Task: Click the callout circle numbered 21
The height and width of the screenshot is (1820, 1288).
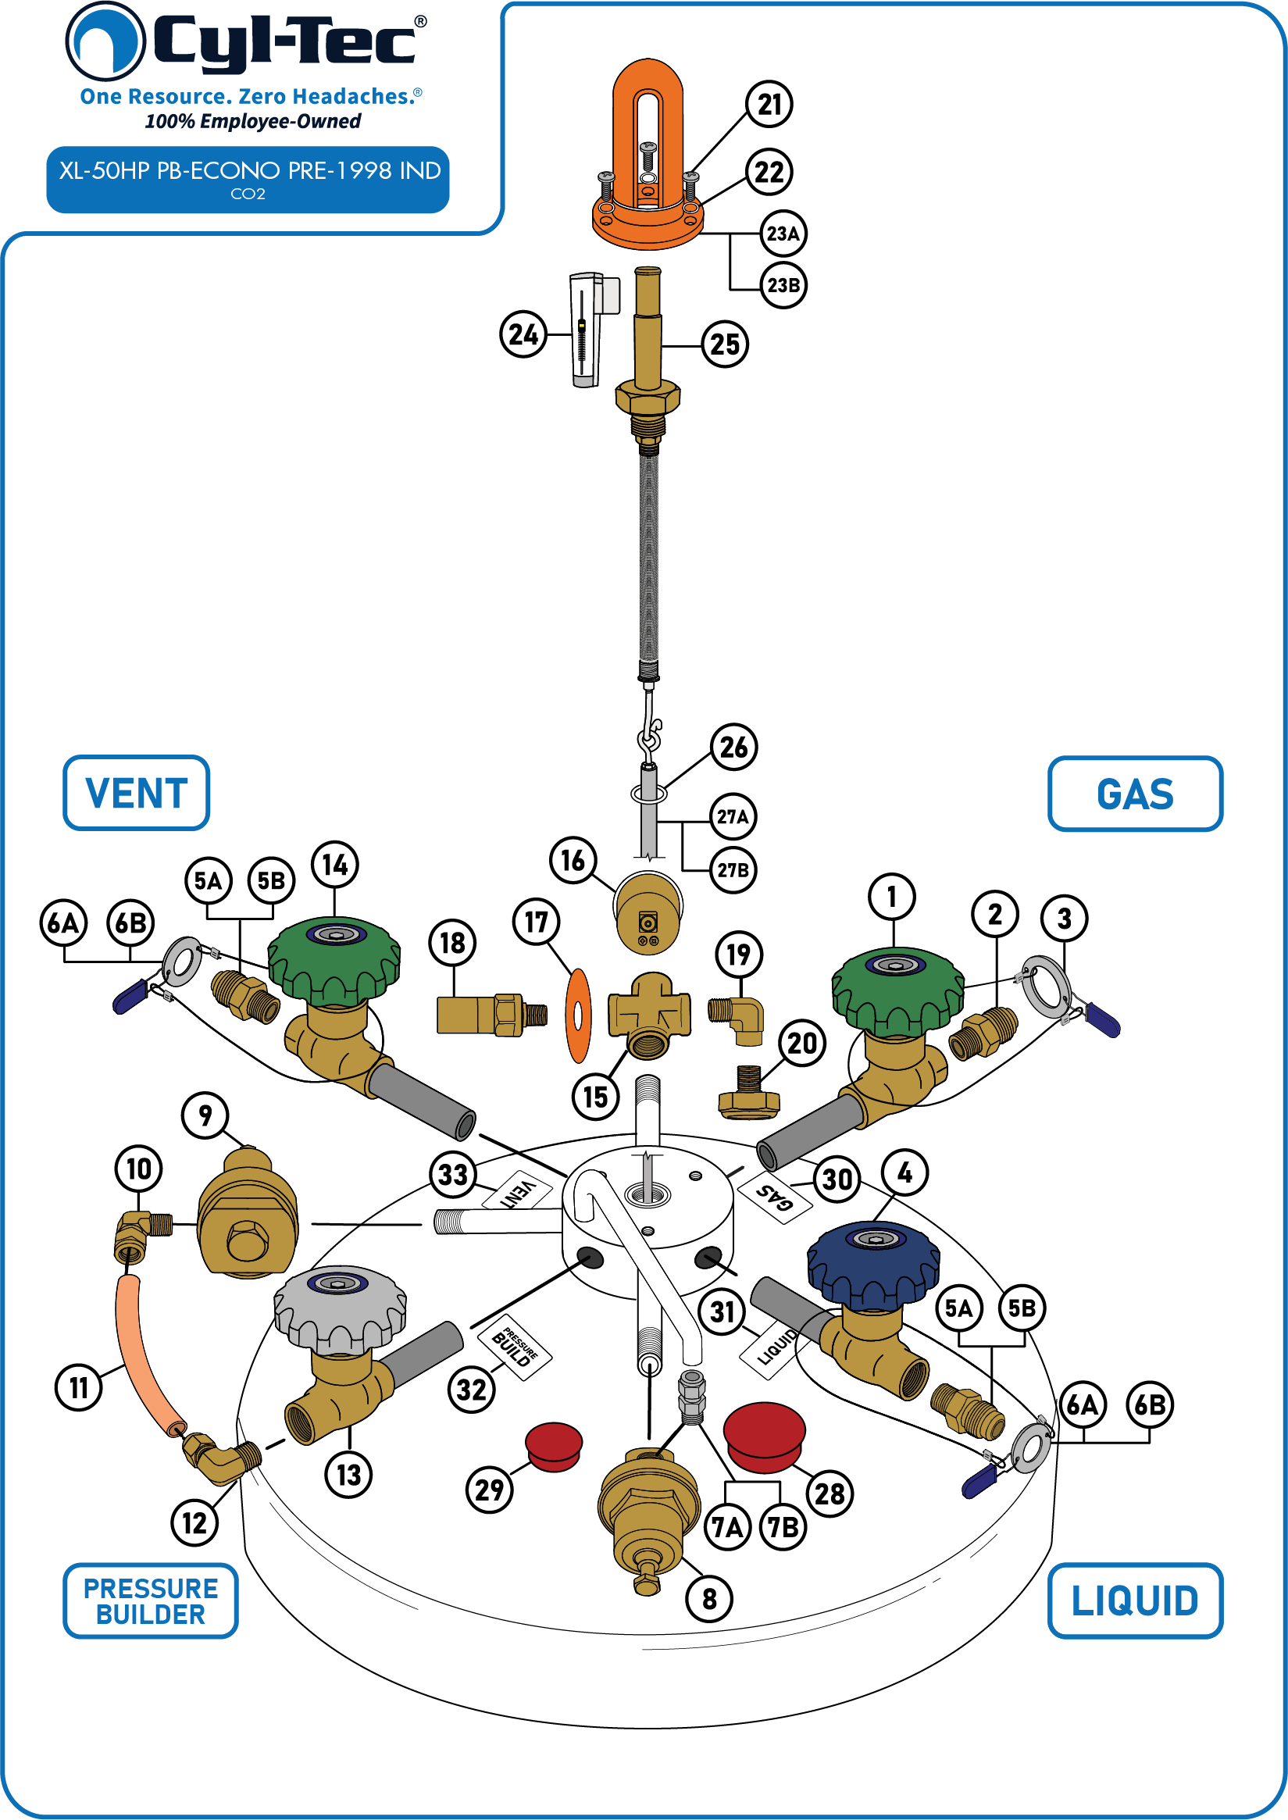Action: click(769, 104)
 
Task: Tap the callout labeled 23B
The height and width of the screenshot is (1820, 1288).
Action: click(783, 284)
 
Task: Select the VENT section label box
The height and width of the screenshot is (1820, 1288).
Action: click(137, 793)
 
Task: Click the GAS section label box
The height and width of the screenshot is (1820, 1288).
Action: click(1135, 794)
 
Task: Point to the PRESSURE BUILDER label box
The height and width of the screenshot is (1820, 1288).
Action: click(151, 1601)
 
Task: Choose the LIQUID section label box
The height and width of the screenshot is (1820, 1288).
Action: click(1135, 1601)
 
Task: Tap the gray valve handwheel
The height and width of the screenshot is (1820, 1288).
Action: click(341, 1308)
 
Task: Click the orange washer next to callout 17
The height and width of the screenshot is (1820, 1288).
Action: click(578, 1015)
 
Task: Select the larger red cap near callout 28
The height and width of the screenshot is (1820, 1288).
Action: click(765, 1436)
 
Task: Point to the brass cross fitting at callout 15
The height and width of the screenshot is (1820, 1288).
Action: click(649, 1016)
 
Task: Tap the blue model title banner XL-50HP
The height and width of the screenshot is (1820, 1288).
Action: click(248, 179)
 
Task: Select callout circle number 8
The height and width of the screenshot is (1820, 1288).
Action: click(709, 1599)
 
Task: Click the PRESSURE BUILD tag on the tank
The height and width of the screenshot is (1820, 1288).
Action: click(515, 1347)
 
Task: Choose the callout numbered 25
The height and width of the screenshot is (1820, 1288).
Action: click(725, 344)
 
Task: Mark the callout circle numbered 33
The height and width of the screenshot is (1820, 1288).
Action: click(453, 1175)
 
